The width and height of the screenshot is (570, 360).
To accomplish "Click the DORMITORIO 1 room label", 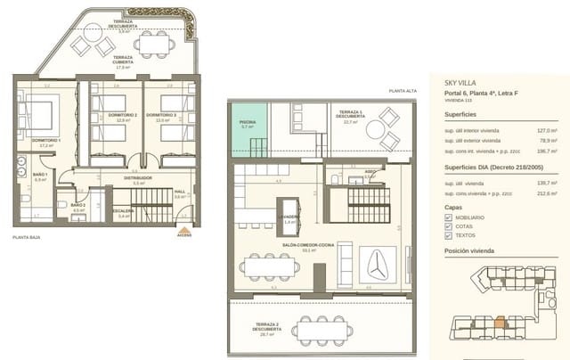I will (45, 141).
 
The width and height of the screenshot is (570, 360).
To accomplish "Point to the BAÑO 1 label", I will (39, 176).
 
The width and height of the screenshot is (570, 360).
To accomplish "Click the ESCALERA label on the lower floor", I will (124, 212).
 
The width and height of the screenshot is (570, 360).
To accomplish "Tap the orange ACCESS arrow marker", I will (184, 230).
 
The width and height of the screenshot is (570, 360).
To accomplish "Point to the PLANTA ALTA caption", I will (402, 91).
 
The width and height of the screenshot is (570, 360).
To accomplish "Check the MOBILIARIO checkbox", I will (449, 217).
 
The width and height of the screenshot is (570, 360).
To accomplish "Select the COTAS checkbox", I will (449, 227).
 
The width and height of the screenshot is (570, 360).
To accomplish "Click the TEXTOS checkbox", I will (449, 237).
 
